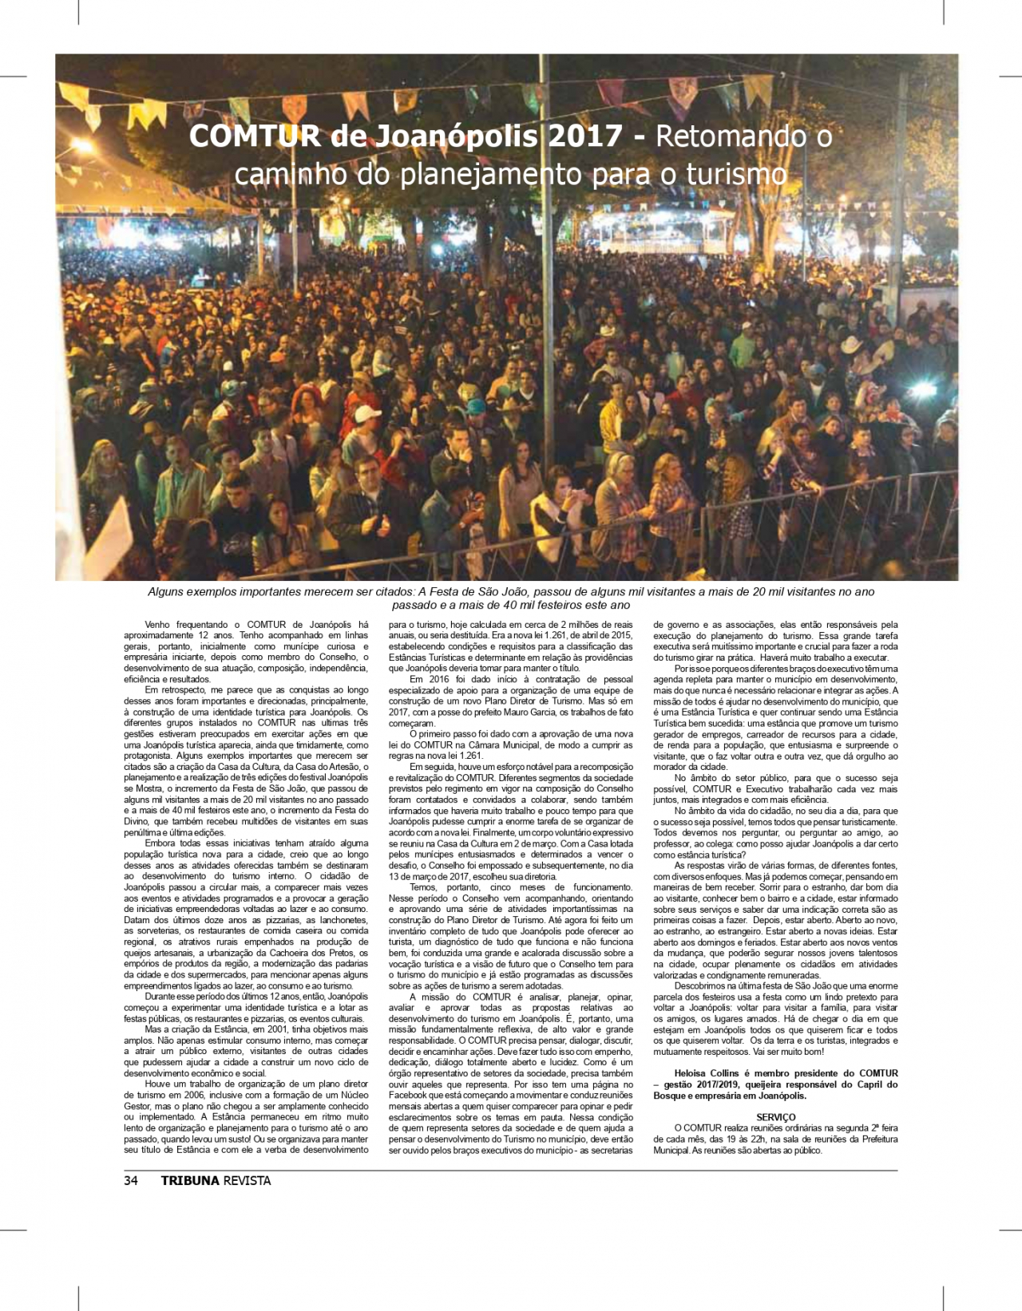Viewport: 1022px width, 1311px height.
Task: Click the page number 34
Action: pyautogui.click(x=131, y=1181)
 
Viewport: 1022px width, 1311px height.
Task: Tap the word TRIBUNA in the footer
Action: pyautogui.click(x=190, y=1181)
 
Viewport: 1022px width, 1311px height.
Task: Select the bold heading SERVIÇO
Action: pyautogui.click(x=775, y=1117)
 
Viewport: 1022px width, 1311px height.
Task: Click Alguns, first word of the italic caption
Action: pyautogui.click(x=167, y=592)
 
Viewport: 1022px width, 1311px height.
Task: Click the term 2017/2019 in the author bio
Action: pyautogui.click(x=717, y=1084)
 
